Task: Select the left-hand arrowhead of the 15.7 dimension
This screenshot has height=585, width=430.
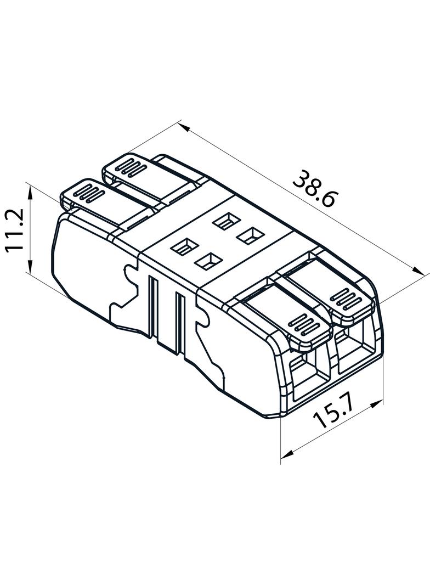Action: (x=287, y=454)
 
